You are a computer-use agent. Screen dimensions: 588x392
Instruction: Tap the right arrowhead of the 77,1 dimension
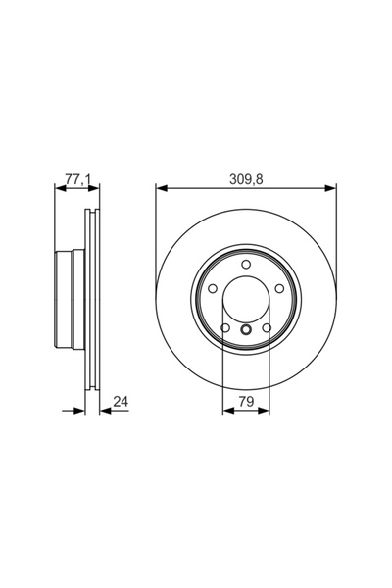(94, 188)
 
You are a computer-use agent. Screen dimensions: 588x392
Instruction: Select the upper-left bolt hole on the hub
(213, 289)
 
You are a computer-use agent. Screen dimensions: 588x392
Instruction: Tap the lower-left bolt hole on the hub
(225, 327)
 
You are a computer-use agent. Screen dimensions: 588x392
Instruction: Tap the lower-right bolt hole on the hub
(266, 327)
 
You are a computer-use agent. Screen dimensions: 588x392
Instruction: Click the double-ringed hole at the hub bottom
(245, 330)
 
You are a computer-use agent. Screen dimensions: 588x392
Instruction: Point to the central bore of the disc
(245, 299)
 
